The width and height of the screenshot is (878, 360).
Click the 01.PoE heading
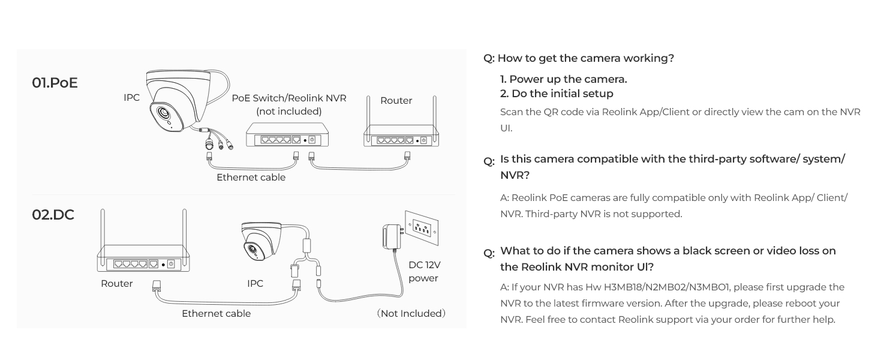(x=55, y=83)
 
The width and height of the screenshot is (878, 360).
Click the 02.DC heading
(x=53, y=215)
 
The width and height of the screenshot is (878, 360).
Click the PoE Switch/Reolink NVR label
(x=288, y=98)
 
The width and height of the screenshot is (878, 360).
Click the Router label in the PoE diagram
(x=396, y=101)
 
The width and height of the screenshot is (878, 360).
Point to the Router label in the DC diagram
(x=116, y=284)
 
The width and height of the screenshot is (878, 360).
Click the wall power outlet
(x=422, y=227)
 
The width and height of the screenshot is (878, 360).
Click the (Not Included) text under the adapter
(x=411, y=314)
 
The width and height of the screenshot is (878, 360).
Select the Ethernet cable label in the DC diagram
(x=216, y=314)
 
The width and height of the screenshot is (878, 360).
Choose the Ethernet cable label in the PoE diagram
(x=251, y=178)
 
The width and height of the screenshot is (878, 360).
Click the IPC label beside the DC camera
(x=255, y=284)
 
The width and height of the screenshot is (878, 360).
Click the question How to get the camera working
(x=579, y=58)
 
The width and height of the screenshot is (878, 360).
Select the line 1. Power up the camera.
(x=563, y=79)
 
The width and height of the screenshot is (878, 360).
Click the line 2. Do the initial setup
(x=557, y=94)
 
